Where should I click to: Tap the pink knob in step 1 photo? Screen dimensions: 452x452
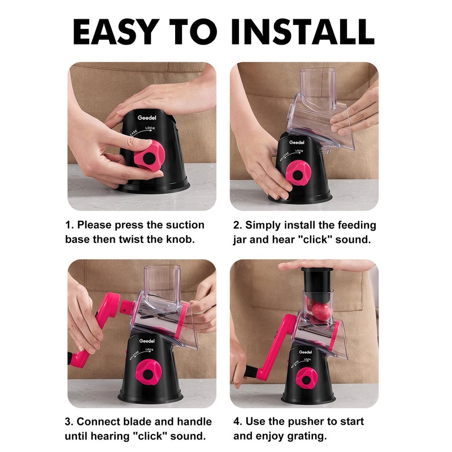(x=149, y=155)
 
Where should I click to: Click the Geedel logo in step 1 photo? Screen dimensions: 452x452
(x=147, y=118)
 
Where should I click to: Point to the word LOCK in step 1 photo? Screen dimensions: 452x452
(x=150, y=128)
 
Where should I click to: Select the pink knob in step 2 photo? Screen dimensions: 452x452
(x=298, y=173)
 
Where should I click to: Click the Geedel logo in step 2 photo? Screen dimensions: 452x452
(x=297, y=142)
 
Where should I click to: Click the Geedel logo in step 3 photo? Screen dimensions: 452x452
(x=147, y=341)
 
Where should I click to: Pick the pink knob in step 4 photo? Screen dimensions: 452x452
(x=306, y=378)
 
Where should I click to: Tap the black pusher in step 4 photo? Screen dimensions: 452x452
(x=317, y=284)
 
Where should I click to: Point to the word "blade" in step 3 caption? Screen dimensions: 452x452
(x=137, y=421)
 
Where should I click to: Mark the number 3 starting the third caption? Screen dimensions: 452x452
(x=68, y=421)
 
